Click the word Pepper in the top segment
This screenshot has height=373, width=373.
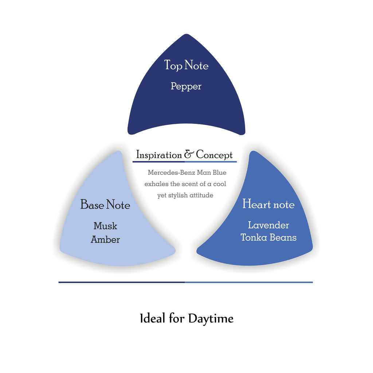coord(186,87)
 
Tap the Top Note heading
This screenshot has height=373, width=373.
coord(186,66)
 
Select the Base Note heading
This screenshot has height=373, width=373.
coord(105,205)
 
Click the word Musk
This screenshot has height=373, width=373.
coord(105,226)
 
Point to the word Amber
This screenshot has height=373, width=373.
coord(105,240)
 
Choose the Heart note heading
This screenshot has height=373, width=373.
coord(268,204)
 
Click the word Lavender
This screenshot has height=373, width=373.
coord(268,225)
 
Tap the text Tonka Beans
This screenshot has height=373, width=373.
coord(268,237)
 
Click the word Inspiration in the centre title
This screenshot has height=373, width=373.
coord(159,155)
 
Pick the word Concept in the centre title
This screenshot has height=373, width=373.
coord(214,155)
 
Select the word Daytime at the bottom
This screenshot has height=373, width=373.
coord(211,319)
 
